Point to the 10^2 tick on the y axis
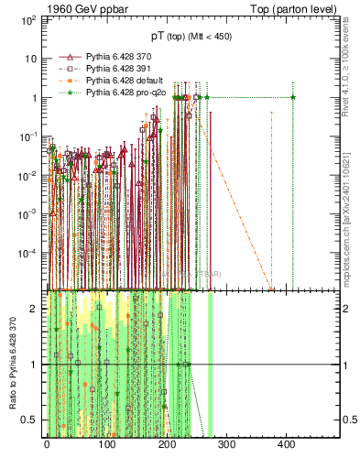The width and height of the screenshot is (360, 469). click(x=30, y=19)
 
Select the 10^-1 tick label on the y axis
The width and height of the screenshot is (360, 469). click(x=30, y=136)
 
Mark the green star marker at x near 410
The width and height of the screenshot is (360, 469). click(x=292, y=97)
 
